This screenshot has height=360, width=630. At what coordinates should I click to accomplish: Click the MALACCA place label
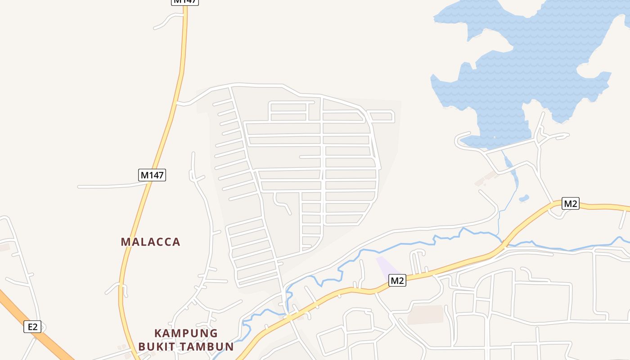coord(150,242)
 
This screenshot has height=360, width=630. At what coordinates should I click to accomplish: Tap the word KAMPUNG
coord(186,333)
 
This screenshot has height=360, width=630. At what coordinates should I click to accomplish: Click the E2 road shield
coord(32,327)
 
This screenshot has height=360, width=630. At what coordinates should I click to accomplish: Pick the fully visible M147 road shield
coord(152,175)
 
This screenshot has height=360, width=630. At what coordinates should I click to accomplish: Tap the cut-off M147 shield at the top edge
coord(184,2)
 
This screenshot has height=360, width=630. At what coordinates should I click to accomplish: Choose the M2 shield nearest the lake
coord(571,203)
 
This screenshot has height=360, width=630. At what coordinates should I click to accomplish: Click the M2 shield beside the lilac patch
coord(397,281)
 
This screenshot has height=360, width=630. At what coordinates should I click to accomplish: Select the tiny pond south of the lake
coord(523,198)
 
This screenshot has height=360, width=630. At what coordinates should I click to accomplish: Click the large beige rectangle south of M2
coord(425,315)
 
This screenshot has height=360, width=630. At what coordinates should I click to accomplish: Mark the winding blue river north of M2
coord(405,246)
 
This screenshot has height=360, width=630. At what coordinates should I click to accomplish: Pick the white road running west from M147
coord(108,186)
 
